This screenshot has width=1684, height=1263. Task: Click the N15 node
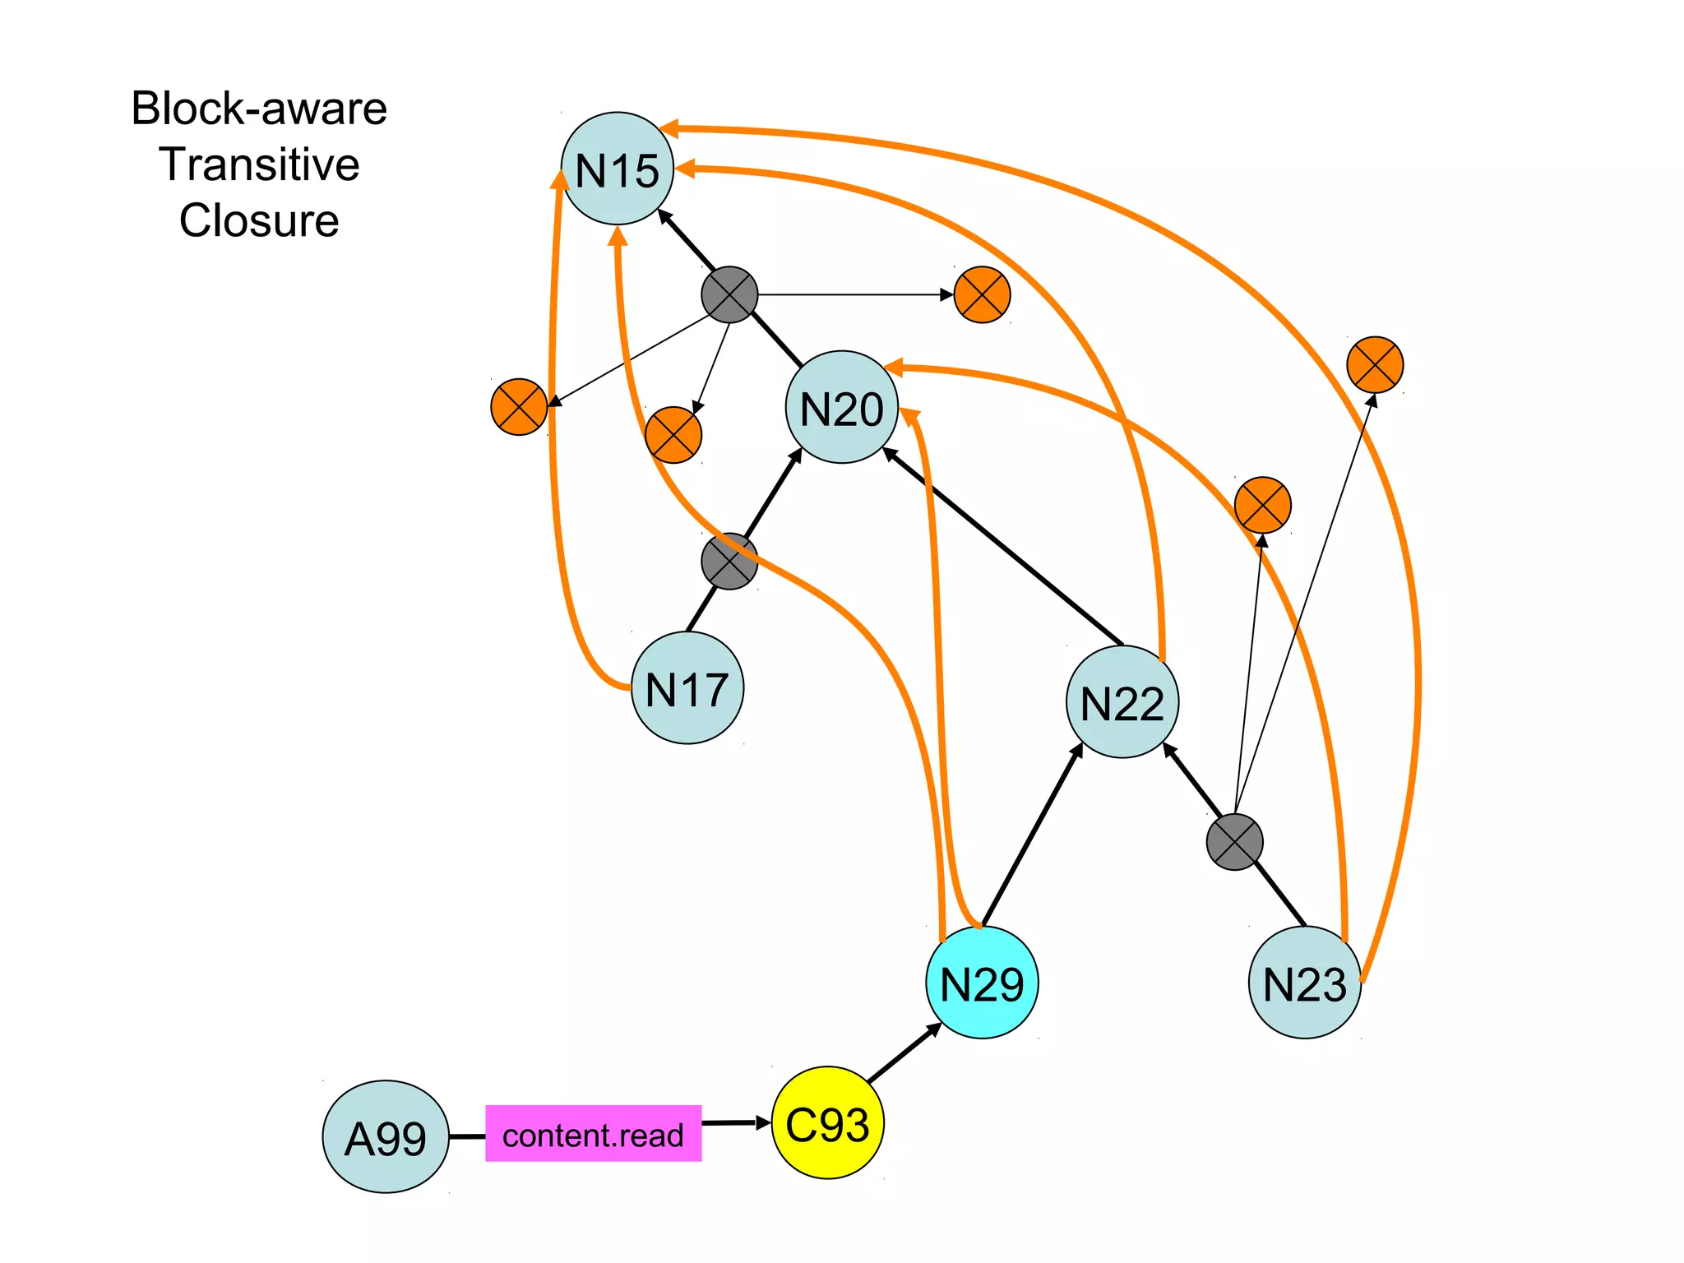pos(617,169)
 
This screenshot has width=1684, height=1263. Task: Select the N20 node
pos(841,407)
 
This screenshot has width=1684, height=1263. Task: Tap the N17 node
pos(687,688)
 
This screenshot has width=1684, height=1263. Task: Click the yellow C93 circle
pos(827,1123)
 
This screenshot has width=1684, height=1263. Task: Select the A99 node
pos(386,1137)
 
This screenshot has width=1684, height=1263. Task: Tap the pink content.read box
pos(593,1134)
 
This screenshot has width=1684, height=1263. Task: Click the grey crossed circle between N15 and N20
pos(729,294)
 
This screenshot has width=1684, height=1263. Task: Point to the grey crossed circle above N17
pos(729,562)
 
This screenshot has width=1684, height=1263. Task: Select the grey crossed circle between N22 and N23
pos(1234,842)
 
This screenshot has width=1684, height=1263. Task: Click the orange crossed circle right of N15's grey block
pos(982,294)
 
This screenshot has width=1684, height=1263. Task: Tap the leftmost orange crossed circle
pos(519,407)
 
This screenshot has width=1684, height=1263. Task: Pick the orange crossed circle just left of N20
pos(673,435)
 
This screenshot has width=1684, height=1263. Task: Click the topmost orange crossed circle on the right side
pos(1375,364)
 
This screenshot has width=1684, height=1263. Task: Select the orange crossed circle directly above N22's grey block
pos(1262,505)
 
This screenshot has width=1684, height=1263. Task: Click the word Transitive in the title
pos(259,164)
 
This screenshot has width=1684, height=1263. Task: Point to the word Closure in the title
pos(259,220)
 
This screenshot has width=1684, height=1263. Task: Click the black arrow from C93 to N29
pos(904,1053)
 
